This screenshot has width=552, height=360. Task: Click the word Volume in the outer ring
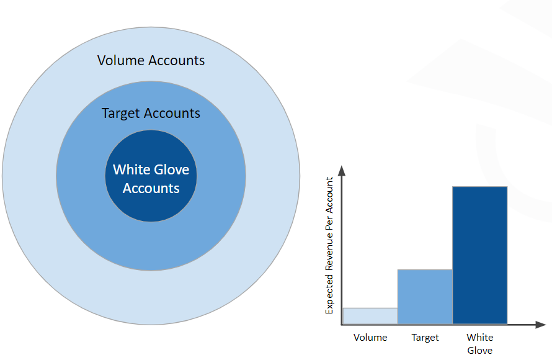121,61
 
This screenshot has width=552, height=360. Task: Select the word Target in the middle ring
121,114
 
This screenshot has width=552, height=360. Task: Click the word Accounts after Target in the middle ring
172,114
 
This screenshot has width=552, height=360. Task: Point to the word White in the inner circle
131,169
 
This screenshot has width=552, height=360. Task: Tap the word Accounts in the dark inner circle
151,188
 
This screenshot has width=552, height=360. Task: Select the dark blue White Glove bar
479,254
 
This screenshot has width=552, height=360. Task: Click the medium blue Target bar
425,296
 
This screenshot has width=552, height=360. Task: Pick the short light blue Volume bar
370,315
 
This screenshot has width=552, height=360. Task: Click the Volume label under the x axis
370,338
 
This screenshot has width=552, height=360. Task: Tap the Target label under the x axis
425,338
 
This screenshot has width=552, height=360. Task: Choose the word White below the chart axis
479,338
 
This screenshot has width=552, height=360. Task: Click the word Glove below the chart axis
479,351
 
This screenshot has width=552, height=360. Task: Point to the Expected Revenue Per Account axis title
330,245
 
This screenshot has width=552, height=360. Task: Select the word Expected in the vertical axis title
330,291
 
